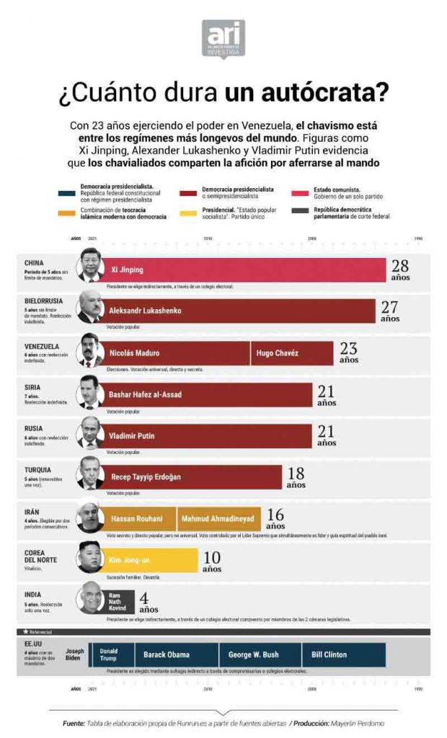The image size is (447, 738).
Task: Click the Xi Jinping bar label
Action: [127, 270]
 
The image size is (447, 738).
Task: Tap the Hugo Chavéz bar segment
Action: [277, 353]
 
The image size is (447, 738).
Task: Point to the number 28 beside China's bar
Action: [399, 266]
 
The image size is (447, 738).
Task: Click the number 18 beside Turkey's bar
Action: [296, 474]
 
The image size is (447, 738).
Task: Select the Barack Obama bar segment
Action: [167, 654]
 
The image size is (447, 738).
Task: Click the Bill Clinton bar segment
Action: [329, 654]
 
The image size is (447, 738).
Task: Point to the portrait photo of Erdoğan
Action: [90, 476]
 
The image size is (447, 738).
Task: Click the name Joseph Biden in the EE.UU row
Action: [74, 654]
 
